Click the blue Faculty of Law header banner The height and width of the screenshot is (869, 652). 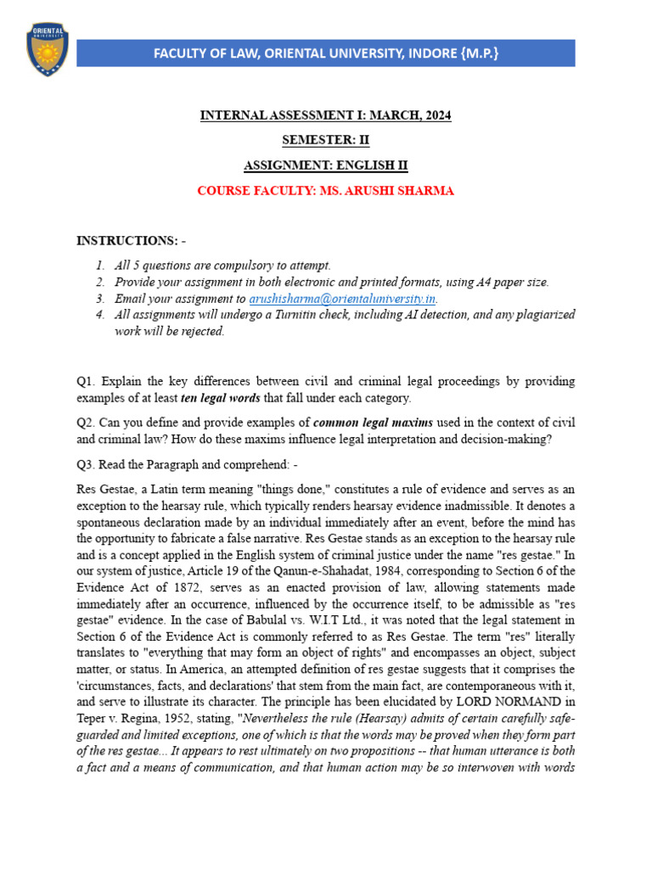coord(326,53)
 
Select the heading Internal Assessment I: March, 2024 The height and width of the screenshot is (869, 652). coord(325,115)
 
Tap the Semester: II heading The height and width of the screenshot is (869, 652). coord(325,140)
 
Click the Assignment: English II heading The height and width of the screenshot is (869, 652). coord(325,165)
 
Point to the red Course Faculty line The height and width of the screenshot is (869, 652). coord(325,191)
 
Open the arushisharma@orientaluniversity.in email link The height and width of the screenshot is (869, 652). coord(342,299)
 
